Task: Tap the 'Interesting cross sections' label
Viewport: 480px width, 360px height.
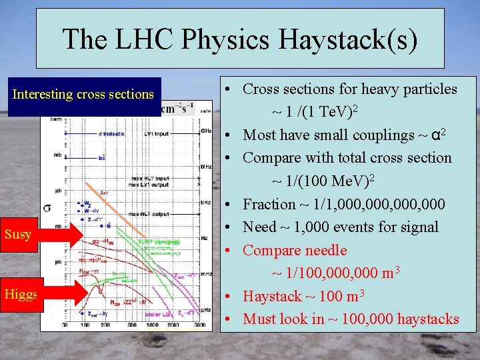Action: click(83, 95)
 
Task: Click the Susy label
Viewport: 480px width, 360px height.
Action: click(18, 234)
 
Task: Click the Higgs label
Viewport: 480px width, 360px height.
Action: click(21, 294)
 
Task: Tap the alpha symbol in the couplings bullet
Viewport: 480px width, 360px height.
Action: click(435, 135)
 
